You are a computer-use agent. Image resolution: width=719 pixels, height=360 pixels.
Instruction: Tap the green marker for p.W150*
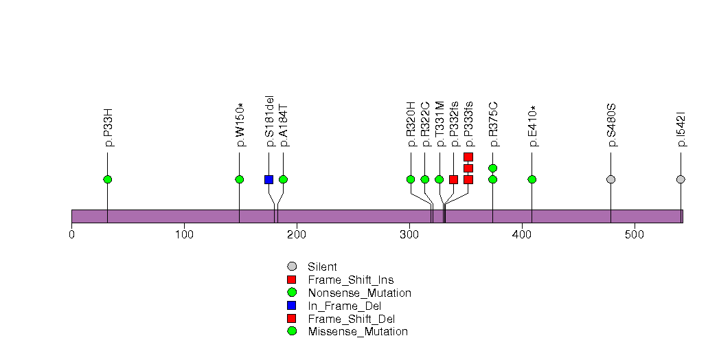[x=239, y=179]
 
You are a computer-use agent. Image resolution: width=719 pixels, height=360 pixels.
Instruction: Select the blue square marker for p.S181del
[x=269, y=179]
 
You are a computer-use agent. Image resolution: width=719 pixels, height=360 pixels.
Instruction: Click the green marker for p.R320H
[x=411, y=179]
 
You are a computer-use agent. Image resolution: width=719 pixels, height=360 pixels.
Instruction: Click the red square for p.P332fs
[x=453, y=179]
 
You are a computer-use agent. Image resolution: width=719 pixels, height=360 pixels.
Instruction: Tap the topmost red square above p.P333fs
[x=468, y=157]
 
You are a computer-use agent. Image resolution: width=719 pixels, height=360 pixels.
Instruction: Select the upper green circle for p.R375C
[x=492, y=168]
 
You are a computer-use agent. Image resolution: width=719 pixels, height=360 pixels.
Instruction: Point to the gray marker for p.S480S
[x=610, y=179]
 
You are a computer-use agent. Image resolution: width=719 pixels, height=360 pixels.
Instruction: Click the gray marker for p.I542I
[x=681, y=179]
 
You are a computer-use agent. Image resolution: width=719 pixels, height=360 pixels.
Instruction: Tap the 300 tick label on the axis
[x=409, y=235]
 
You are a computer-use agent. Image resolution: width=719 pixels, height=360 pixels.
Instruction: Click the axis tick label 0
[x=71, y=235]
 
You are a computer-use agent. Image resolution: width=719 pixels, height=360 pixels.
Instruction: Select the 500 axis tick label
[x=635, y=235]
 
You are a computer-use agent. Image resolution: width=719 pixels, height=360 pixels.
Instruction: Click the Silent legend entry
[x=322, y=267]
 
